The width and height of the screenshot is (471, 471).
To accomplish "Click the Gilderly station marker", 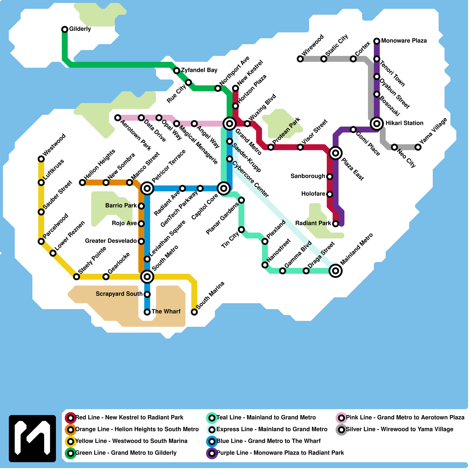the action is (x=65, y=29).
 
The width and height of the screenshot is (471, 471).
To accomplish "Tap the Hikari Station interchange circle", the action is (x=377, y=123).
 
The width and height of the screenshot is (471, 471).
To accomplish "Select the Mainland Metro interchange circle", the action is (x=336, y=271).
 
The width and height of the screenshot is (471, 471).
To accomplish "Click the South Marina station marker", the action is (x=194, y=312).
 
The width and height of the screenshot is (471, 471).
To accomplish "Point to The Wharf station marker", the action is (x=147, y=312).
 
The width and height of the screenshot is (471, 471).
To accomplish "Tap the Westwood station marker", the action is (x=41, y=159).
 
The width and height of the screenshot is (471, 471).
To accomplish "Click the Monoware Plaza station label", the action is (x=404, y=41).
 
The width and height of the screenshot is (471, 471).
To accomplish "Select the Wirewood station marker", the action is (x=300, y=59).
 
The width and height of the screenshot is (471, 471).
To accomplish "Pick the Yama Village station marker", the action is (x=418, y=147).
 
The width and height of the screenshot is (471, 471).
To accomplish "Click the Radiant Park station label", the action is (x=313, y=223).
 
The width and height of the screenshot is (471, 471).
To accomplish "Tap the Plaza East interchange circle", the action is (x=336, y=153).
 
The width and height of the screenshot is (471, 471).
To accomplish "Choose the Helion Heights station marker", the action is (x=82, y=183).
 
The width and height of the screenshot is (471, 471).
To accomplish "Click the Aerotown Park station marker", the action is (x=118, y=118).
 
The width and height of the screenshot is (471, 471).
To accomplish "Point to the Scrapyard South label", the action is (x=119, y=294).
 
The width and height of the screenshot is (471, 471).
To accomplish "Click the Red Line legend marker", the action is (x=71, y=418).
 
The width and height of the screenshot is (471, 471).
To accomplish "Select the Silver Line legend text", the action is (x=399, y=429).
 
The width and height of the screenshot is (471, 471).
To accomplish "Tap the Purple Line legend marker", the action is (x=212, y=453).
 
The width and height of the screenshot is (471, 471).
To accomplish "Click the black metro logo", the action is (x=32, y=439).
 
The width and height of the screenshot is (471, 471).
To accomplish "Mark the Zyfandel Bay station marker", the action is (x=177, y=71).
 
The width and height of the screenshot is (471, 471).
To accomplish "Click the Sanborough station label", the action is (x=308, y=176).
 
